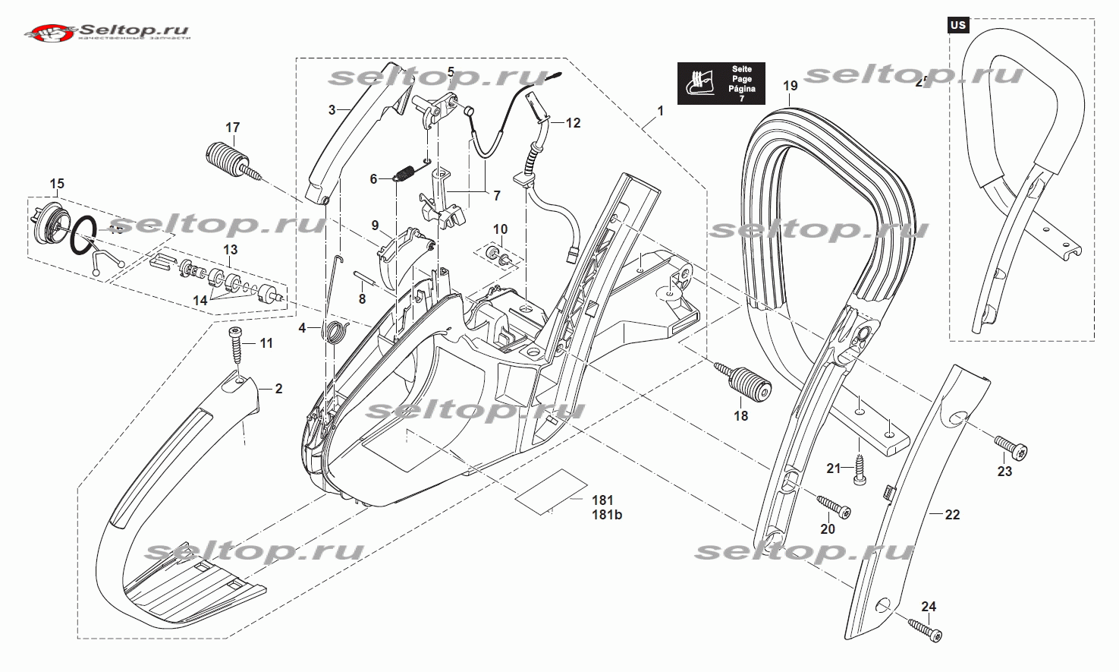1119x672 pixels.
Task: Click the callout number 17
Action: [232, 127]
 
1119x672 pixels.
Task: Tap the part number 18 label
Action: [740, 415]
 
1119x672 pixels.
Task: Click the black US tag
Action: [958, 25]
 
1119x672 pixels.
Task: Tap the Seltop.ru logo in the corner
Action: [106, 32]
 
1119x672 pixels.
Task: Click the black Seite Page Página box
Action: [721, 84]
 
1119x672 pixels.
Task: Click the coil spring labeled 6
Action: [404, 174]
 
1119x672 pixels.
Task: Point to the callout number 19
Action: [791, 85]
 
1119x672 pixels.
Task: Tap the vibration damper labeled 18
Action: [742, 381]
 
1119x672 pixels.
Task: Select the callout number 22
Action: [952, 514]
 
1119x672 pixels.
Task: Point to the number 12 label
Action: [573, 122]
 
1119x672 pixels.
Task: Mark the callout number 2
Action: [278, 389]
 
